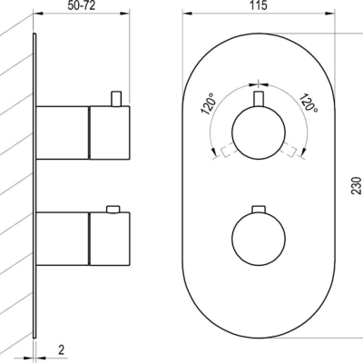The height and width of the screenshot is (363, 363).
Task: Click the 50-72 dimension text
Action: [81, 5]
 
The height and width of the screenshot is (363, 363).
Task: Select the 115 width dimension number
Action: [259, 5]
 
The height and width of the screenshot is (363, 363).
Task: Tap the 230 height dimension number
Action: [357, 185]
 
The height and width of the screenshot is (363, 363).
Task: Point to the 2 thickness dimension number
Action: [62, 350]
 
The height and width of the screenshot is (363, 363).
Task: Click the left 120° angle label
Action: [209, 103]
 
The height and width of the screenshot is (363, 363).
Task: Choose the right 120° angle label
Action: [309, 103]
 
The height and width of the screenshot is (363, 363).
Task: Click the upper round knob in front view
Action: [259, 132]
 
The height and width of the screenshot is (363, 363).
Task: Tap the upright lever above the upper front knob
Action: [259, 99]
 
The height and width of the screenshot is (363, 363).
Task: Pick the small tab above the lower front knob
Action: [259, 210]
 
